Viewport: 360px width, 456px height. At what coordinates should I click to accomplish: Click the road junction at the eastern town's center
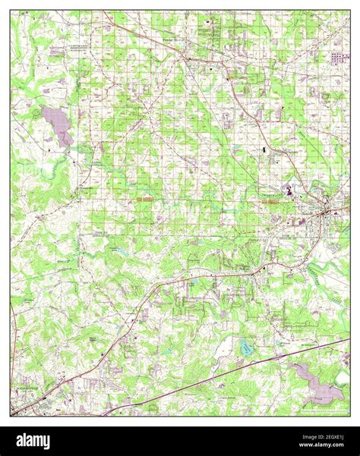(327, 213)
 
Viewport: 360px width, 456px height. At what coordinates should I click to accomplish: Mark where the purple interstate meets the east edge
(349, 340)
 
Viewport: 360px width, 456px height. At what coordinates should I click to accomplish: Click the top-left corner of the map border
(11, 11)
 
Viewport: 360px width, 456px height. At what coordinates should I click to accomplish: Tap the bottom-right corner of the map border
(349, 415)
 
